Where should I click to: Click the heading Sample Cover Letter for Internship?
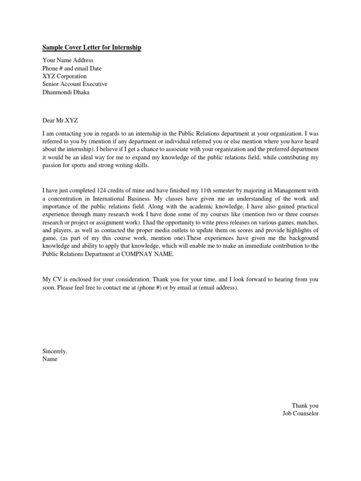coord(92,48)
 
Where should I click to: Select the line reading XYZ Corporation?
coord(64,76)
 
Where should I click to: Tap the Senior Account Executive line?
coord(75,84)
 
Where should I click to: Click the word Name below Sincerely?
coord(50,359)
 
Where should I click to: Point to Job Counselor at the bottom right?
coord(300,413)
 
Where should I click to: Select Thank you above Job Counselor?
coord(305,405)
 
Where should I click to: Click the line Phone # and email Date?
coord(72,68)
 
